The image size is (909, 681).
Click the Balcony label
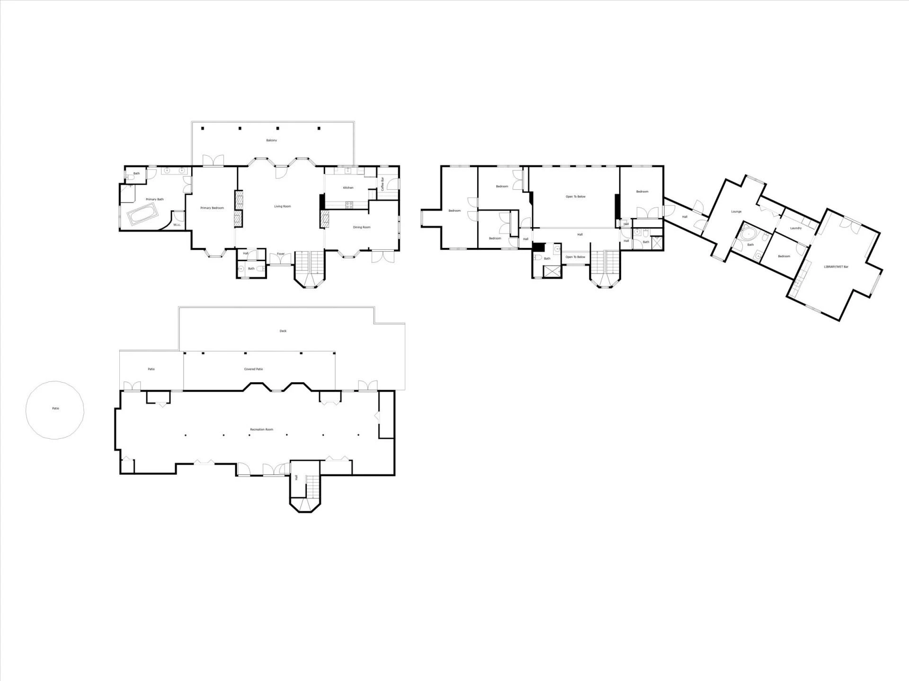pos(271,140)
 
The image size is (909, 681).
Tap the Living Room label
pos(283,207)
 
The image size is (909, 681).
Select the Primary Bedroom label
pos(212,208)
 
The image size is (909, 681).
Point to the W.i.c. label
pos(177,225)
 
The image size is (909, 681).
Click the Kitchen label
pos(348,188)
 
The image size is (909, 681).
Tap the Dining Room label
pos(362,227)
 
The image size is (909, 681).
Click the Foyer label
pos(281,254)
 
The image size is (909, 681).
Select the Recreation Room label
pos(262,430)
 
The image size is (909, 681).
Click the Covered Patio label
pos(253,369)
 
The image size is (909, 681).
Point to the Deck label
pos(283,331)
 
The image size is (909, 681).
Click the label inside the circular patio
pos(55,409)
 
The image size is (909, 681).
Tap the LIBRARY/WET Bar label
pos(836,267)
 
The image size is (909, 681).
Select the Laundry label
pos(796,228)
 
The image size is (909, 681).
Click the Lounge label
pos(736,212)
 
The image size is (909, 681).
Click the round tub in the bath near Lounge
pos(748,234)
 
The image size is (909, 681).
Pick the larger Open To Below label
pos(576,197)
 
